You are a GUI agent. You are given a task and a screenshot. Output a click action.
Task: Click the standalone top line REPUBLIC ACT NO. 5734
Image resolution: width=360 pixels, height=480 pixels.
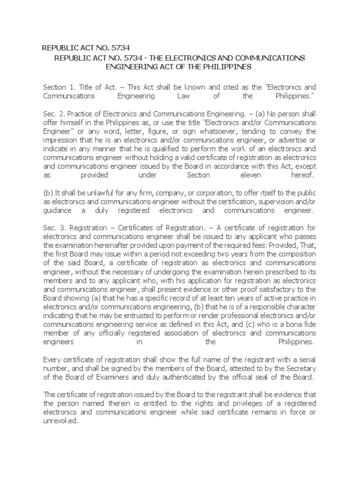pos(86,47)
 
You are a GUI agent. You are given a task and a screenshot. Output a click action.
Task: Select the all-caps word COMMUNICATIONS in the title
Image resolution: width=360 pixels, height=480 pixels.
pos(264,58)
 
